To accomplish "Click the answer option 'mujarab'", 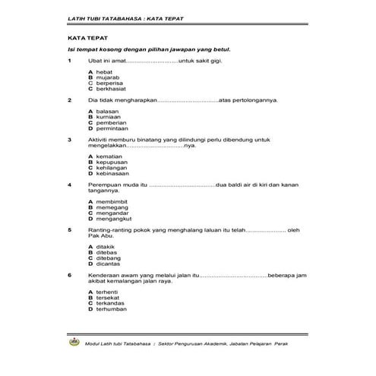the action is click(107, 77).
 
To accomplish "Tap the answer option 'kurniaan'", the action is click(109, 116).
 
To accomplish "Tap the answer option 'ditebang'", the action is click(109, 258).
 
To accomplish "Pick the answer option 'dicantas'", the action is click(109, 263).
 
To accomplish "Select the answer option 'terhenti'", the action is click(108, 292).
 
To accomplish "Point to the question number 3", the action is click(69, 139).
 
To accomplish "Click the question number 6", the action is click(69, 274).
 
